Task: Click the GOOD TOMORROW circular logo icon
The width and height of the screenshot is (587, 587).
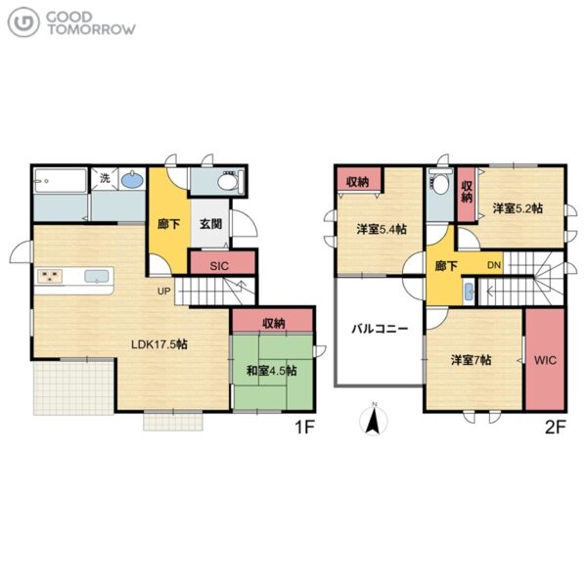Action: (x=23, y=23)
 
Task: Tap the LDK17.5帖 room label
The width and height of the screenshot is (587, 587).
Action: (x=159, y=344)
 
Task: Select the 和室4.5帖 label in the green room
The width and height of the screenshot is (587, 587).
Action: (x=272, y=371)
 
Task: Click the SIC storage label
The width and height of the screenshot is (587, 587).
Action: (x=219, y=266)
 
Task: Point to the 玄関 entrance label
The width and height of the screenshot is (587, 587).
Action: (x=210, y=224)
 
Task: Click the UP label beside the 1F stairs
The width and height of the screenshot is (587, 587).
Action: (x=163, y=291)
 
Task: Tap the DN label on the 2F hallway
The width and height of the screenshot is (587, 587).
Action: (x=494, y=265)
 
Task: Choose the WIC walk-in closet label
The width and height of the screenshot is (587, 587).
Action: (x=545, y=360)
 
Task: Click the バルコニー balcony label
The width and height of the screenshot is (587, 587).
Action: (x=380, y=329)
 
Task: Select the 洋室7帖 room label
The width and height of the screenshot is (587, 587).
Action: (x=471, y=360)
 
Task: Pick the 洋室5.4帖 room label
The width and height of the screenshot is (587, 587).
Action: (x=382, y=229)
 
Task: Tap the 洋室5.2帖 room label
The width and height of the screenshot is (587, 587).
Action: (x=518, y=208)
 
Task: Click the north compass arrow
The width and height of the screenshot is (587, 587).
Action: (x=374, y=420)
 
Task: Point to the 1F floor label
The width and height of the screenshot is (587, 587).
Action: (x=304, y=427)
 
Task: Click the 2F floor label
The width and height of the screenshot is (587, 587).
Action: (x=556, y=427)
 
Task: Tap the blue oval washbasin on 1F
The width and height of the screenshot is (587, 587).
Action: (x=133, y=180)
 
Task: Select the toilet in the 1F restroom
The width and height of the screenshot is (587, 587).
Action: (x=231, y=182)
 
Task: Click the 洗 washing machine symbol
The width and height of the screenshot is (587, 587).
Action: (x=105, y=179)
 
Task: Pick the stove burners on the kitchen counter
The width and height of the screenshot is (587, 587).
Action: (x=50, y=277)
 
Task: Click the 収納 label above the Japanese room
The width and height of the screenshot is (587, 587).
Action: (x=274, y=323)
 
